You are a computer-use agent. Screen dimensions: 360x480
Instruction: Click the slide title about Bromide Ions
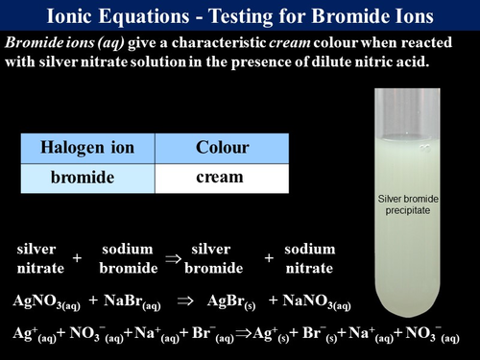[240, 16]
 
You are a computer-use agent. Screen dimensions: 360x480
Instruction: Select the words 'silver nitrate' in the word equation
[38, 258]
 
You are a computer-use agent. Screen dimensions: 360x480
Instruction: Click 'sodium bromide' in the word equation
[128, 258]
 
